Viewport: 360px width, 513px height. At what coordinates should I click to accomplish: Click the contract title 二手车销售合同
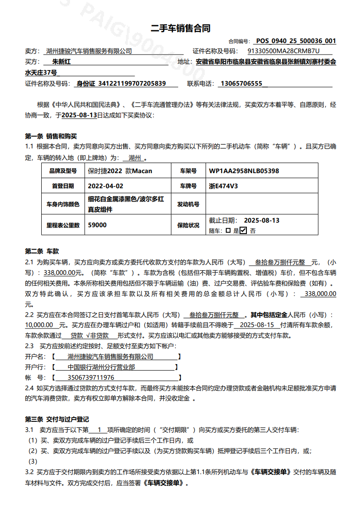(x=180, y=28)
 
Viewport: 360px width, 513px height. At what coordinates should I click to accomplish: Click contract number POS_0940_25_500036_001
(x=296, y=41)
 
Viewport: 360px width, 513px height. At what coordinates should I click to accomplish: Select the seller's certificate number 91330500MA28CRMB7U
(x=283, y=51)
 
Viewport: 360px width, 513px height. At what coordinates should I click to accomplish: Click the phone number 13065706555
(x=241, y=84)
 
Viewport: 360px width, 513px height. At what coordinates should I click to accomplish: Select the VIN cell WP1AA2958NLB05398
(x=244, y=171)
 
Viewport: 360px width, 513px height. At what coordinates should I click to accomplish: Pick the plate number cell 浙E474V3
(x=223, y=186)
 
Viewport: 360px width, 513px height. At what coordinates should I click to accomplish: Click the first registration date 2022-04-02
(x=105, y=186)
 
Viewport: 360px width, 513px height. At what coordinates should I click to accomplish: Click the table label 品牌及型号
(x=63, y=171)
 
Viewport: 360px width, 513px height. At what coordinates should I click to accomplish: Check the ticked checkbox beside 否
(x=243, y=230)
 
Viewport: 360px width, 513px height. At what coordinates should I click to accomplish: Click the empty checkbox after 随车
(x=228, y=231)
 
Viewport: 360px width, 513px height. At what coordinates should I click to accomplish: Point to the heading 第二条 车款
(x=42, y=251)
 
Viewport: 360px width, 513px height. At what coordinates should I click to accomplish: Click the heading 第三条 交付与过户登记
(x=56, y=419)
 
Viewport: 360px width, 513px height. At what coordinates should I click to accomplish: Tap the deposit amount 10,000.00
(x=39, y=324)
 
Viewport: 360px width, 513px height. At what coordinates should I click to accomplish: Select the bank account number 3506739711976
(x=91, y=377)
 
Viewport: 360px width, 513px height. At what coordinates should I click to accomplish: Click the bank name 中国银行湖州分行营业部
(x=101, y=367)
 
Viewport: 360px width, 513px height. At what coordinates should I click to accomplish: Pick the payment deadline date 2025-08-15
(x=256, y=324)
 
